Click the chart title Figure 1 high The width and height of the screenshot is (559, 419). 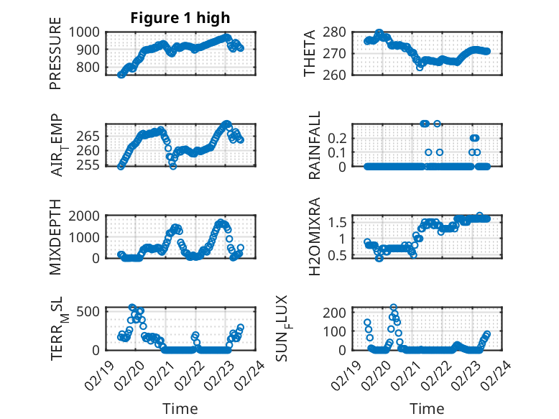click(180, 18)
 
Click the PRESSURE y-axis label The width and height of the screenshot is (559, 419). click(56, 58)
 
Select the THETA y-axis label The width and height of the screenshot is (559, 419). click(310, 54)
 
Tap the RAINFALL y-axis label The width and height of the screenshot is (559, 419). click(314, 145)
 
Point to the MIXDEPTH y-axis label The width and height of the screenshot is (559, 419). click(56, 237)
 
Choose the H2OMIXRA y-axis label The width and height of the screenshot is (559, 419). click(314, 237)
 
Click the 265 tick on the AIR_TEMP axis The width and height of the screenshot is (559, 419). click(90, 136)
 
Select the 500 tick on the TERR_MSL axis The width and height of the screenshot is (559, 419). click(90, 310)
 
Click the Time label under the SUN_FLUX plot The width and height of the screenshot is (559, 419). click(428, 409)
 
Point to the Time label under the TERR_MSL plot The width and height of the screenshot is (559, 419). click(180, 409)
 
